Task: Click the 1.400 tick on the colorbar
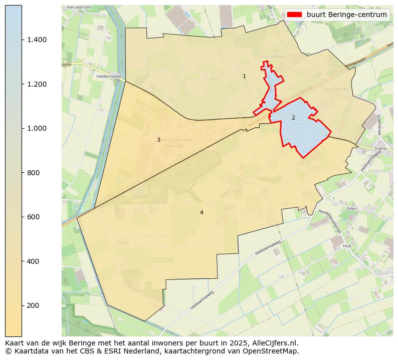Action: (x=37, y=40)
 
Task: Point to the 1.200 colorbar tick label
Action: (x=37, y=84)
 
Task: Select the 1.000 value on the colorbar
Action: (x=37, y=128)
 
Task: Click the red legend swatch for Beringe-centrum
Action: (x=295, y=15)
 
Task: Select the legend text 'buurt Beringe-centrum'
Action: (x=347, y=15)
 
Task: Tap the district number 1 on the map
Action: (x=244, y=77)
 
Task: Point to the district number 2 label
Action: (x=293, y=118)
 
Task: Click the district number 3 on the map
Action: (x=158, y=140)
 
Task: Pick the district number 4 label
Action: (x=202, y=212)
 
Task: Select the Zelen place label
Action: (x=351, y=208)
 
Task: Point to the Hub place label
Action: (x=347, y=246)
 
